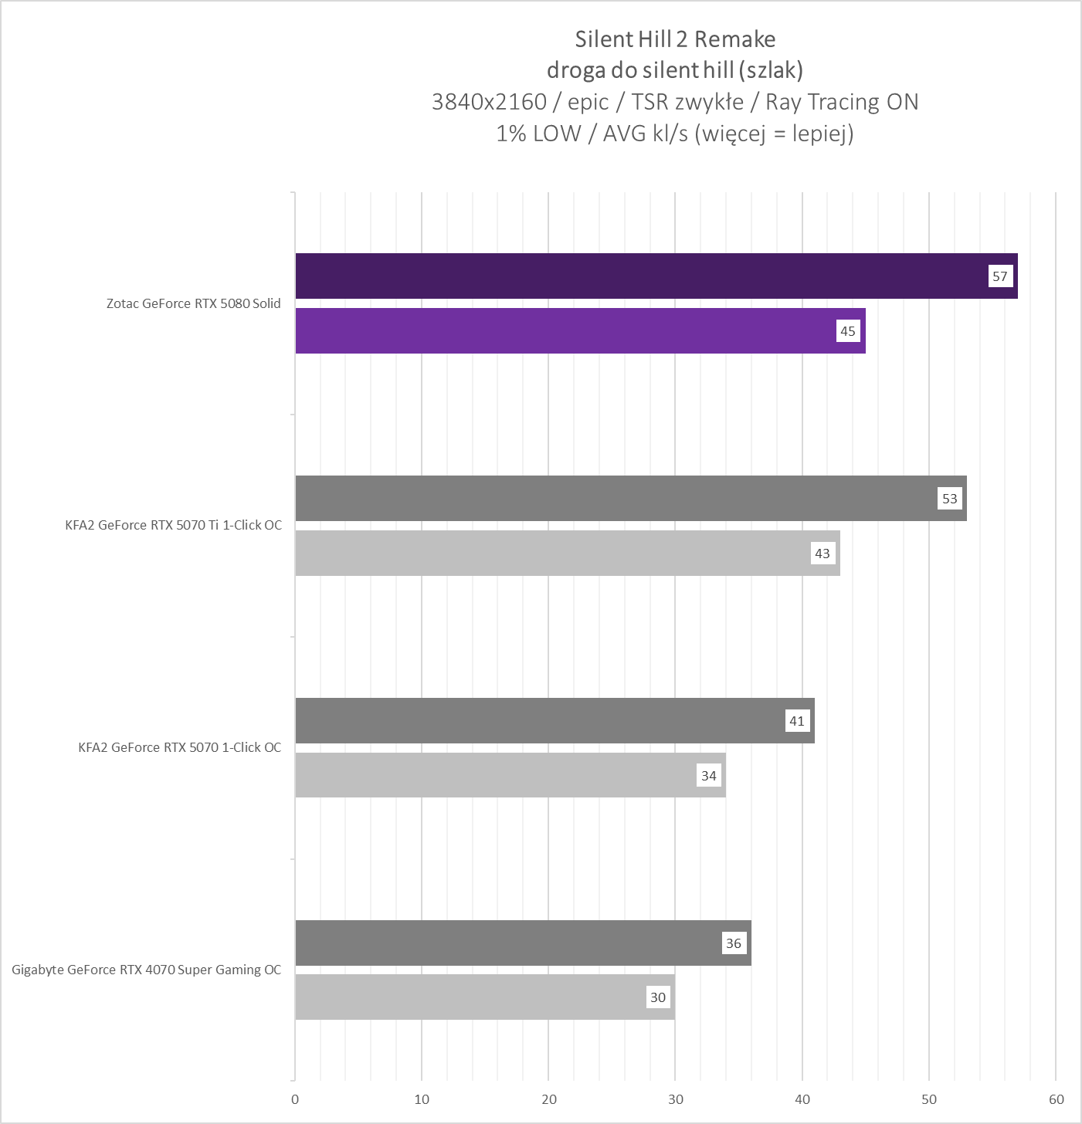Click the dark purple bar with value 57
tap(656, 276)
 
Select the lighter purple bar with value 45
tap(579, 330)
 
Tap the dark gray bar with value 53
tap(630, 498)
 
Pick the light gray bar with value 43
tap(568, 553)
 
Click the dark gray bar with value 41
tap(555, 720)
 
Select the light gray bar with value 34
tap(510, 775)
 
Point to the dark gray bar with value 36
tap(523, 943)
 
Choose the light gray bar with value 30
tap(485, 997)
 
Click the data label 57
tap(1000, 276)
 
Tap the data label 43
tap(823, 554)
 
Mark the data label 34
tap(709, 776)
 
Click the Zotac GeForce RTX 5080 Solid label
tap(194, 303)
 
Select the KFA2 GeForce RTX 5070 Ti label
tap(174, 525)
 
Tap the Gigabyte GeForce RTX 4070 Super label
tap(147, 970)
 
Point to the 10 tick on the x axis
tap(422, 1099)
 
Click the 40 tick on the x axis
tap(802, 1099)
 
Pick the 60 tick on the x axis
tap(1057, 1099)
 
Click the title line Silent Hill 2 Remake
tap(675, 39)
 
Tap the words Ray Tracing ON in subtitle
tap(842, 102)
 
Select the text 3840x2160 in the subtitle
tap(489, 102)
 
